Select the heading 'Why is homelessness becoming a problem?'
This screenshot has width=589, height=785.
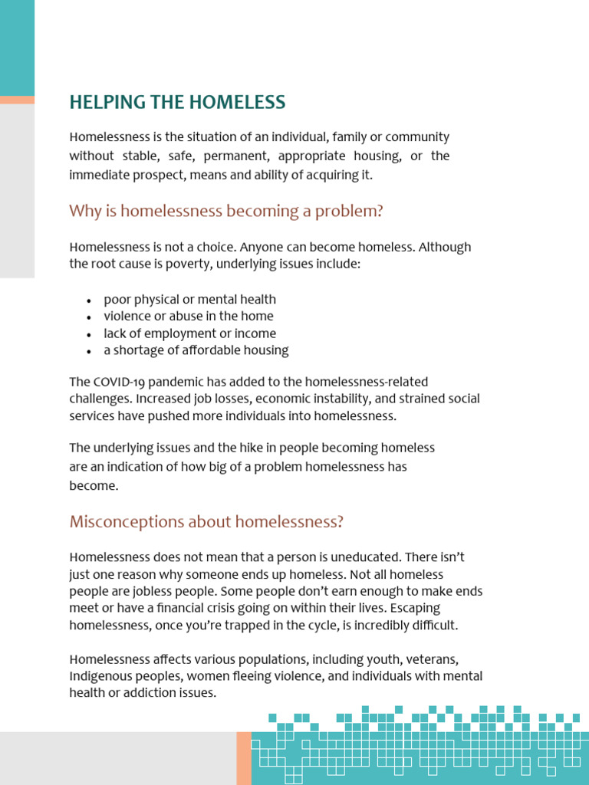225,211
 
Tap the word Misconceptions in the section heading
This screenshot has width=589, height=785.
118,522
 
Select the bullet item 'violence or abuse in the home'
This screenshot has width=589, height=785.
188,316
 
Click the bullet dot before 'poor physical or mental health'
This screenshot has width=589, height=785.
89,301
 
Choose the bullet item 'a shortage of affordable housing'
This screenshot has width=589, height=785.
196,350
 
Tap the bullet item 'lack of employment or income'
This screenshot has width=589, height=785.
189,333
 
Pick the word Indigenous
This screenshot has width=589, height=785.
100,676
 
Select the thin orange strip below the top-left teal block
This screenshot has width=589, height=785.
17,100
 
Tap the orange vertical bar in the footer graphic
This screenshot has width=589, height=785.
243,757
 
